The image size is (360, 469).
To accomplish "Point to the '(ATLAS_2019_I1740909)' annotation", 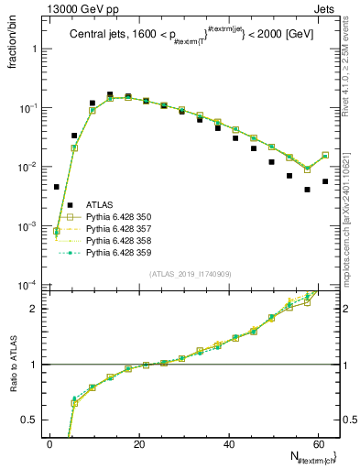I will [190, 274].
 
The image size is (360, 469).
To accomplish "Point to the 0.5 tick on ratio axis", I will [30, 420].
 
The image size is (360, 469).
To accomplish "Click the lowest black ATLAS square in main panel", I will [308, 190].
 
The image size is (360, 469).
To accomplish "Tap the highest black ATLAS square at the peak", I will [110, 94].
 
